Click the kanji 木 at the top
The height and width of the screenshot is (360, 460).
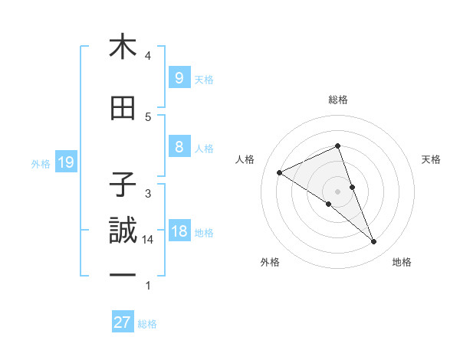[x=123, y=47]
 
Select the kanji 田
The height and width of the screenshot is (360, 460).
[x=123, y=110]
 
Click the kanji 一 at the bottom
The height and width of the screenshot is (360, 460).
[x=123, y=275]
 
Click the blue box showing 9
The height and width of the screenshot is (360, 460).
[x=179, y=78]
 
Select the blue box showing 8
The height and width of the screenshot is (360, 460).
[x=179, y=147]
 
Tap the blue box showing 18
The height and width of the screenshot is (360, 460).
[x=179, y=231]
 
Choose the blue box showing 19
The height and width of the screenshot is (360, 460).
[x=65, y=162]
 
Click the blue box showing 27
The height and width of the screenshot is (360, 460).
[x=123, y=322]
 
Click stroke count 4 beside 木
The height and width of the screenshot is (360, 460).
[x=147, y=56]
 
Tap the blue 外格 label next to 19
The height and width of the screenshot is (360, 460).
[x=41, y=162]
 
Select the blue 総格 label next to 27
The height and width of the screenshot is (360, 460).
[x=147, y=324]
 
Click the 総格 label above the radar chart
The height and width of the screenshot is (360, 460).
[x=338, y=100]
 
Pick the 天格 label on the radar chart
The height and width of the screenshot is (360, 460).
[x=432, y=159]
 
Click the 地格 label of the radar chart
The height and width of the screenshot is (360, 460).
[x=402, y=263]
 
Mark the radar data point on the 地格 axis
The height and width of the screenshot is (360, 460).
[x=374, y=242]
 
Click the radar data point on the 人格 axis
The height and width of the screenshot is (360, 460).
[x=279, y=172]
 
